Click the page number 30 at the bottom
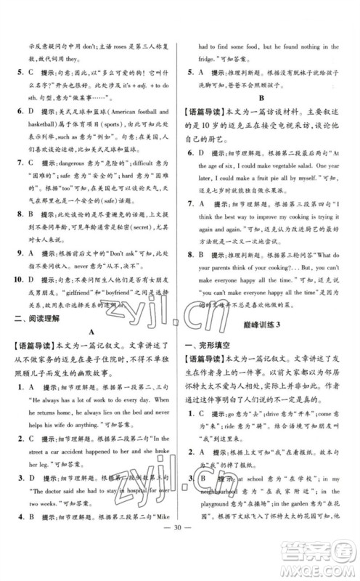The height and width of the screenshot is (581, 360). (x=180, y=551)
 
